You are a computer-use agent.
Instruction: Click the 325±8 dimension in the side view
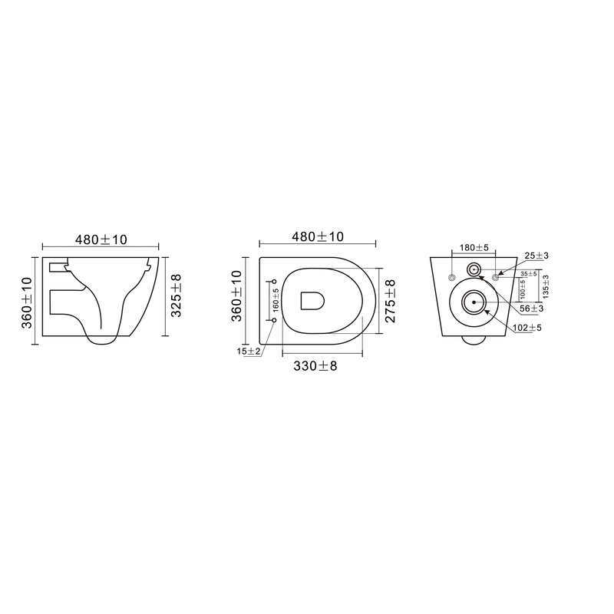177,295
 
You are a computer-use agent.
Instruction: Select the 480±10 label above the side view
101,239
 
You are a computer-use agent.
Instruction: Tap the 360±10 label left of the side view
27,302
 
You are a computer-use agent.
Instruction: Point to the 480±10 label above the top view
318,236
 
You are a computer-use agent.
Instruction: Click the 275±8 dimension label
390,301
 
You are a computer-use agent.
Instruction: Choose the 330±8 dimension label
315,366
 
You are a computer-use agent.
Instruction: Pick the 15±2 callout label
248,352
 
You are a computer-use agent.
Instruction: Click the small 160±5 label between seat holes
276,300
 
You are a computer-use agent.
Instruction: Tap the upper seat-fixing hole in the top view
274,282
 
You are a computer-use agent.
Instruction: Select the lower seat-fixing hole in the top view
274,320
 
